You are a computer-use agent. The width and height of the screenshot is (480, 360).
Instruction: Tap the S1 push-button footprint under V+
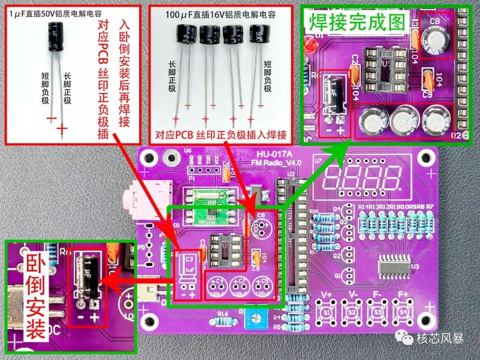click(x=327, y=312)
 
